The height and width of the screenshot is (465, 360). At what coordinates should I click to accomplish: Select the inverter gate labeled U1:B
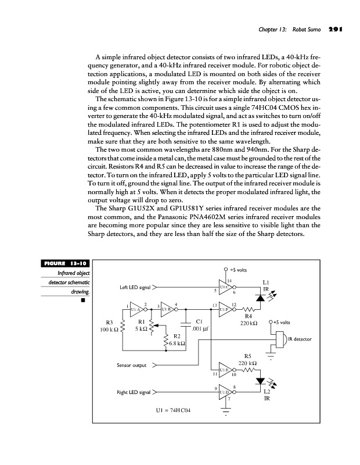tap(166, 309)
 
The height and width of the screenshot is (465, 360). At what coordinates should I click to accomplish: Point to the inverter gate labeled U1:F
tap(221, 309)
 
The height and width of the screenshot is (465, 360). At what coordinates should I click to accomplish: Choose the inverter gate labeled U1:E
tap(221, 370)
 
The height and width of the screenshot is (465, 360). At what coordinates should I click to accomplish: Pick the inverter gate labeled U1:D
tap(221, 392)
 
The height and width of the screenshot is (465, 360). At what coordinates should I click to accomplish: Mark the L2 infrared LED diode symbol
tap(260, 382)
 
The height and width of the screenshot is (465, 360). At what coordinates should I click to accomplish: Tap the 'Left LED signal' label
tap(135, 287)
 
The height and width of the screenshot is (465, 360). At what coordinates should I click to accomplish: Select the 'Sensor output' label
tap(131, 366)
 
